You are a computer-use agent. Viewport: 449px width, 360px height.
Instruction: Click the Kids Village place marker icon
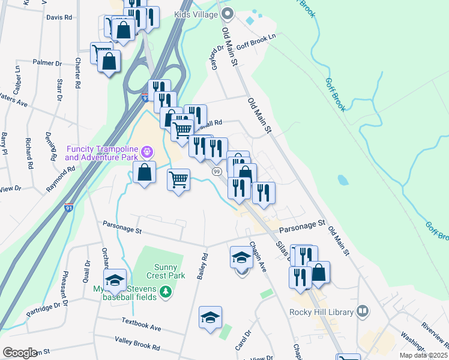[x=228, y=13]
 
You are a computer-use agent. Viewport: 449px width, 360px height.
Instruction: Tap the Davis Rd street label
[x=59, y=17]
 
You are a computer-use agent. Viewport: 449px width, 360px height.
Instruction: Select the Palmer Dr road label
[x=47, y=62]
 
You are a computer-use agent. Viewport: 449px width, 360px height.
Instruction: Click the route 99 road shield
[x=215, y=172]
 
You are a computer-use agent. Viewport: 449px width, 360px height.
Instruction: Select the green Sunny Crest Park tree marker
[x=165, y=292]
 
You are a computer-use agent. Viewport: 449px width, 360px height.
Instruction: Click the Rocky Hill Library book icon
[x=362, y=311]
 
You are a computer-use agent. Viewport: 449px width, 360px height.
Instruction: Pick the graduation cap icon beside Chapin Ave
[x=241, y=257]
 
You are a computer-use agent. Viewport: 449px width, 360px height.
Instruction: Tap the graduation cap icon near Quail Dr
[x=114, y=280]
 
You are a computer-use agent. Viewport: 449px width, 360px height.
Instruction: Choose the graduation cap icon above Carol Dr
[x=210, y=317]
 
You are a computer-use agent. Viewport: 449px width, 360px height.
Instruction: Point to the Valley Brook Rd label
[x=137, y=343]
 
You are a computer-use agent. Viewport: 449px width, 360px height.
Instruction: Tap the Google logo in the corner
[x=19, y=353]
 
